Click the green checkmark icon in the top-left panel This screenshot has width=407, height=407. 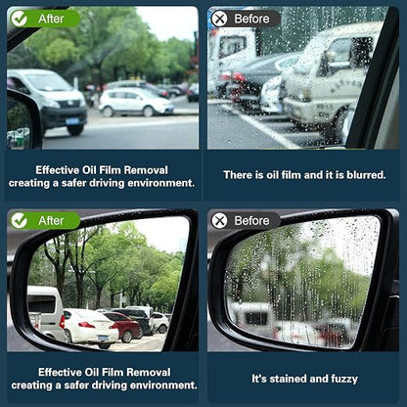[x=19, y=19]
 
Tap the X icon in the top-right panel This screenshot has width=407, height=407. [x=219, y=19]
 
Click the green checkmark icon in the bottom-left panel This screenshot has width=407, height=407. [x=19, y=221]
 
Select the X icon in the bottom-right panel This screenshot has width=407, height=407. [x=219, y=221]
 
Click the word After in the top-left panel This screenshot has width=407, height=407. [x=51, y=19]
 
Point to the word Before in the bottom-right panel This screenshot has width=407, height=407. [x=251, y=221]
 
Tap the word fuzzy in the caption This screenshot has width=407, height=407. [x=344, y=379]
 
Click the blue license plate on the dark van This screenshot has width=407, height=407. [x=72, y=121]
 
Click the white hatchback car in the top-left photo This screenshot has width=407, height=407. [x=136, y=102]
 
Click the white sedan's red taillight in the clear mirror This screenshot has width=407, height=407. [x=87, y=325]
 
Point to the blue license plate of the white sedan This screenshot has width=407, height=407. [x=104, y=338]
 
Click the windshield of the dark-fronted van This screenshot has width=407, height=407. [x=49, y=82]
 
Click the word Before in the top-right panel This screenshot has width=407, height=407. [x=251, y=19]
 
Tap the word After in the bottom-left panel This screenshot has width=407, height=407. [x=51, y=221]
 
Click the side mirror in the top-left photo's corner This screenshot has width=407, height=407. [x=23, y=120]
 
